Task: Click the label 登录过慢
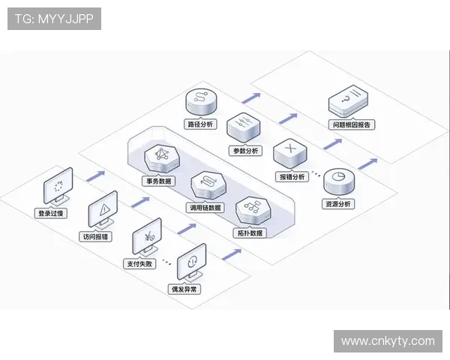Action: pos(53,214)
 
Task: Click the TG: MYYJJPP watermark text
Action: pos(54,19)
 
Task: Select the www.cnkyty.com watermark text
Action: pos(388,341)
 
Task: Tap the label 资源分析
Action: pos(336,204)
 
